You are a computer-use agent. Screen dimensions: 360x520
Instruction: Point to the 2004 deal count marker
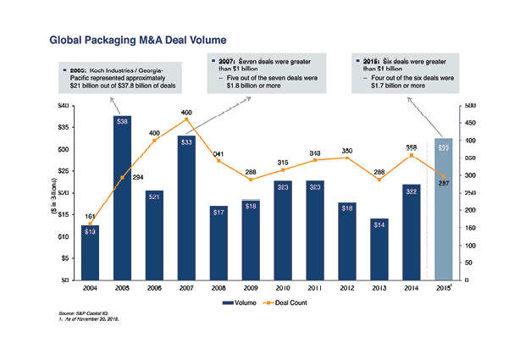(91, 224)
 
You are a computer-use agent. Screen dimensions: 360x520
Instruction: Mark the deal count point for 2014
(411, 155)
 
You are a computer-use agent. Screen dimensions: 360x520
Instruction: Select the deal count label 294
(138, 177)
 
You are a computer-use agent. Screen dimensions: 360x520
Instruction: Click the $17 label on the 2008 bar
(219, 211)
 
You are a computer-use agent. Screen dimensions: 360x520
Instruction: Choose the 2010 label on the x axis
(283, 289)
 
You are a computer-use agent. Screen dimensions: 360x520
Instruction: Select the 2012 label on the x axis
(346, 289)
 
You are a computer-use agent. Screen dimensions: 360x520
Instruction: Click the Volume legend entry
(240, 302)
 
